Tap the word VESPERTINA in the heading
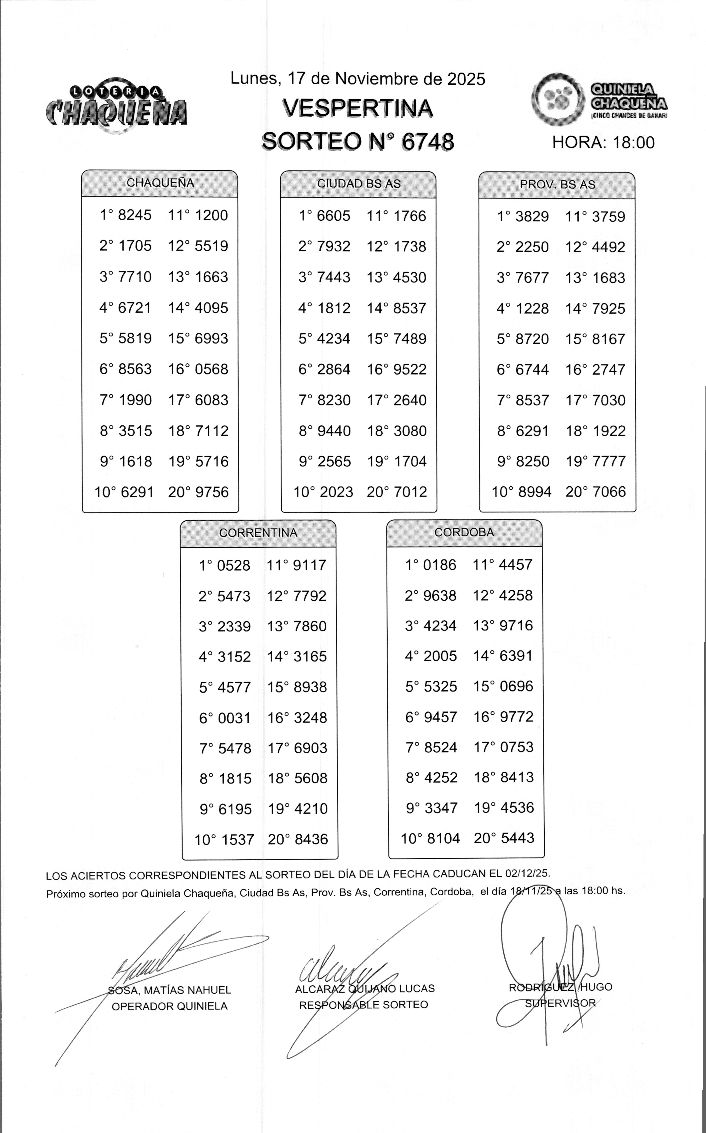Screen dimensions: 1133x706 coord(358,109)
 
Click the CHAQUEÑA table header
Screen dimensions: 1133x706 coord(160,183)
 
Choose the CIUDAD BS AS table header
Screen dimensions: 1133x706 coord(359,184)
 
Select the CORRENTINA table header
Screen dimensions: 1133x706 coord(258,533)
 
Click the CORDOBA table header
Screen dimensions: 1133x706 coord(464,532)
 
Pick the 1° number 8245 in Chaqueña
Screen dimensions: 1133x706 coord(135,215)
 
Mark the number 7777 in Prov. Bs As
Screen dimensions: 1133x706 coord(608,461)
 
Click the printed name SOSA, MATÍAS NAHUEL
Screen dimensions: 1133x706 coord(170,990)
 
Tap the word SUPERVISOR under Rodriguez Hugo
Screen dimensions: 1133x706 coord(560,1003)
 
